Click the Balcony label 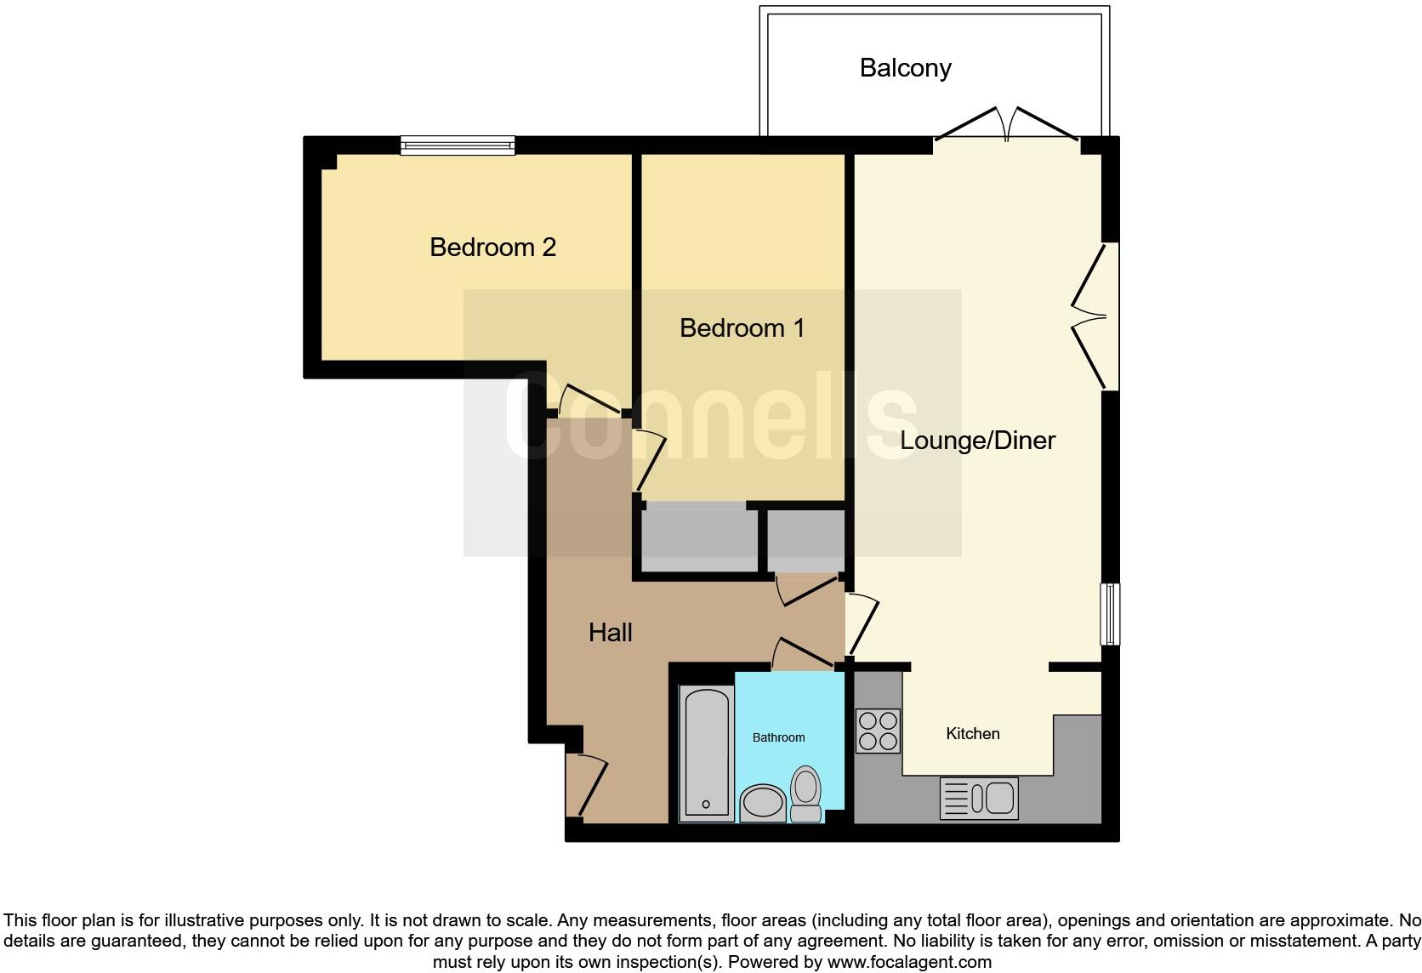click(x=905, y=68)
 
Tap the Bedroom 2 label click(x=492, y=248)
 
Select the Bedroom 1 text click(x=742, y=328)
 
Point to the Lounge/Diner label click(x=977, y=441)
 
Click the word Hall click(x=610, y=633)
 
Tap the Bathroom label click(x=778, y=737)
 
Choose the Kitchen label click(x=972, y=733)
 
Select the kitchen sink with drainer click(x=978, y=798)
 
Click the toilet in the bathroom click(x=805, y=794)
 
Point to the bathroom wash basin click(x=762, y=802)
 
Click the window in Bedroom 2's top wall click(x=458, y=145)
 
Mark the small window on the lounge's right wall click(x=1110, y=613)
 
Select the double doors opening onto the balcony click(x=1007, y=126)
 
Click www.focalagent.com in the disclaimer click(x=908, y=963)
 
